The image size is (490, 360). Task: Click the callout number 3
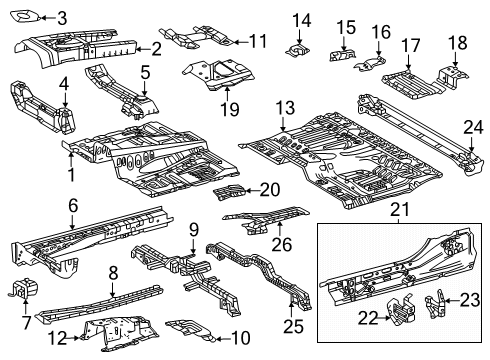coord(62,17)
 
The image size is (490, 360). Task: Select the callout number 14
coord(301,19)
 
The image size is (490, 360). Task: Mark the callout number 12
coord(60,337)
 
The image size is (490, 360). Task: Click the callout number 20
coord(270,188)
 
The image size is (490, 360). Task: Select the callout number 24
coord(473,125)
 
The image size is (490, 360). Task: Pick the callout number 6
coord(72,205)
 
